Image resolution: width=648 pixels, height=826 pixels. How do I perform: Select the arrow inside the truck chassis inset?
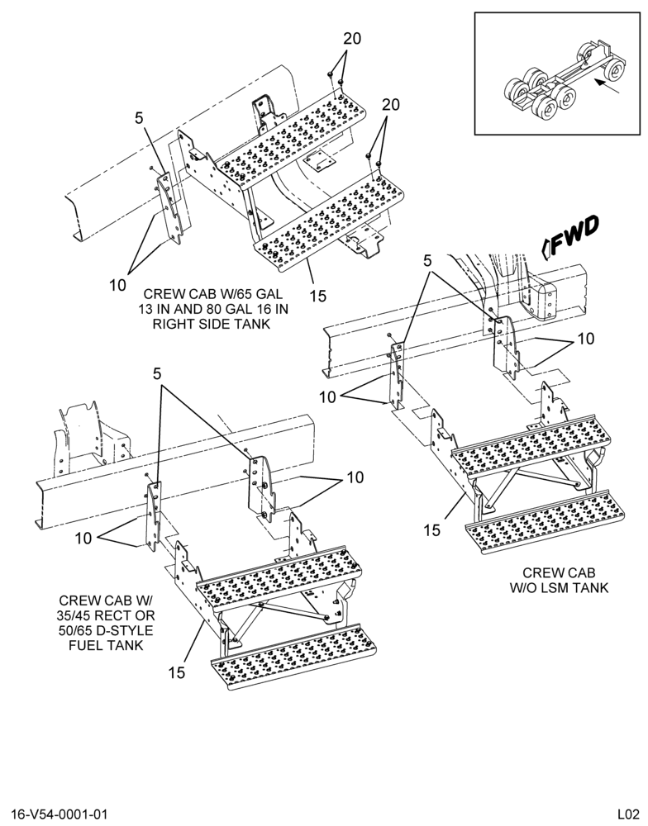(x=607, y=86)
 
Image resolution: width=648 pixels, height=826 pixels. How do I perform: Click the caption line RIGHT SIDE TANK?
(x=211, y=324)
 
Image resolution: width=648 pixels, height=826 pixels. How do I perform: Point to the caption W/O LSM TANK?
(x=559, y=587)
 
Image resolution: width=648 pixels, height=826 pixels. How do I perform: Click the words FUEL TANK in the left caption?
(x=106, y=644)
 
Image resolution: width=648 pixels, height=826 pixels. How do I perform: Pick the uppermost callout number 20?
(x=352, y=39)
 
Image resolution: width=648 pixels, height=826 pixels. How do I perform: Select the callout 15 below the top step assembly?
(x=318, y=296)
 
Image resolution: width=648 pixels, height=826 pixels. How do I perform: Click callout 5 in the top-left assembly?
(x=139, y=118)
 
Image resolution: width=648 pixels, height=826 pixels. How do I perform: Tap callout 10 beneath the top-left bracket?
(x=117, y=285)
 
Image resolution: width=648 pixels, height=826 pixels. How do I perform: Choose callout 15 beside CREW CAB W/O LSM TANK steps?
(x=431, y=530)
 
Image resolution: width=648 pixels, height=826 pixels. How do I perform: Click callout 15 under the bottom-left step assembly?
(x=177, y=672)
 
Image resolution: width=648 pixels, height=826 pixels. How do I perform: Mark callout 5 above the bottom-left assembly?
(x=157, y=374)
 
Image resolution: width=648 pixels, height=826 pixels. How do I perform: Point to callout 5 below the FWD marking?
(x=427, y=260)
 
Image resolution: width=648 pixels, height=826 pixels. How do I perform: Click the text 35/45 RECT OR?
(x=107, y=615)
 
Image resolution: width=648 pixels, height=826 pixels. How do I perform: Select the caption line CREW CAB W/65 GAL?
(x=213, y=294)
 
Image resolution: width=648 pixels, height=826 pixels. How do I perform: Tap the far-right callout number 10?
(x=585, y=339)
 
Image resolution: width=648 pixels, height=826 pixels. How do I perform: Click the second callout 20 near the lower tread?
(x=391, y=105)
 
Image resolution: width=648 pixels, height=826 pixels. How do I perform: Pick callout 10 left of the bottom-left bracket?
(x=83, y=538)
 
